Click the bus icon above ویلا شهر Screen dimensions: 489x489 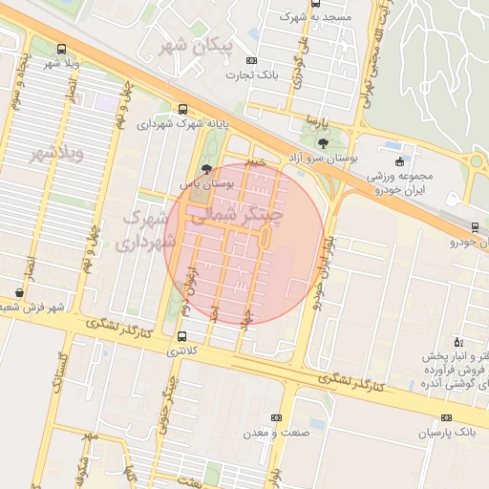[62, 49]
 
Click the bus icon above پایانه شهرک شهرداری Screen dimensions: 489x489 [182, 109]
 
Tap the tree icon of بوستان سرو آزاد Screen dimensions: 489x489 [324, 143]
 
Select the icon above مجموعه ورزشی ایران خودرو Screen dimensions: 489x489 [399, 159]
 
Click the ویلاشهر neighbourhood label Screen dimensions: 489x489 [57, 153]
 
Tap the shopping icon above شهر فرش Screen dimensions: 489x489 [20, 292]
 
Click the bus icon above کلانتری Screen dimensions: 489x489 [181, 336]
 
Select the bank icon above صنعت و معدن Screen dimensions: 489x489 [277, 417]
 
